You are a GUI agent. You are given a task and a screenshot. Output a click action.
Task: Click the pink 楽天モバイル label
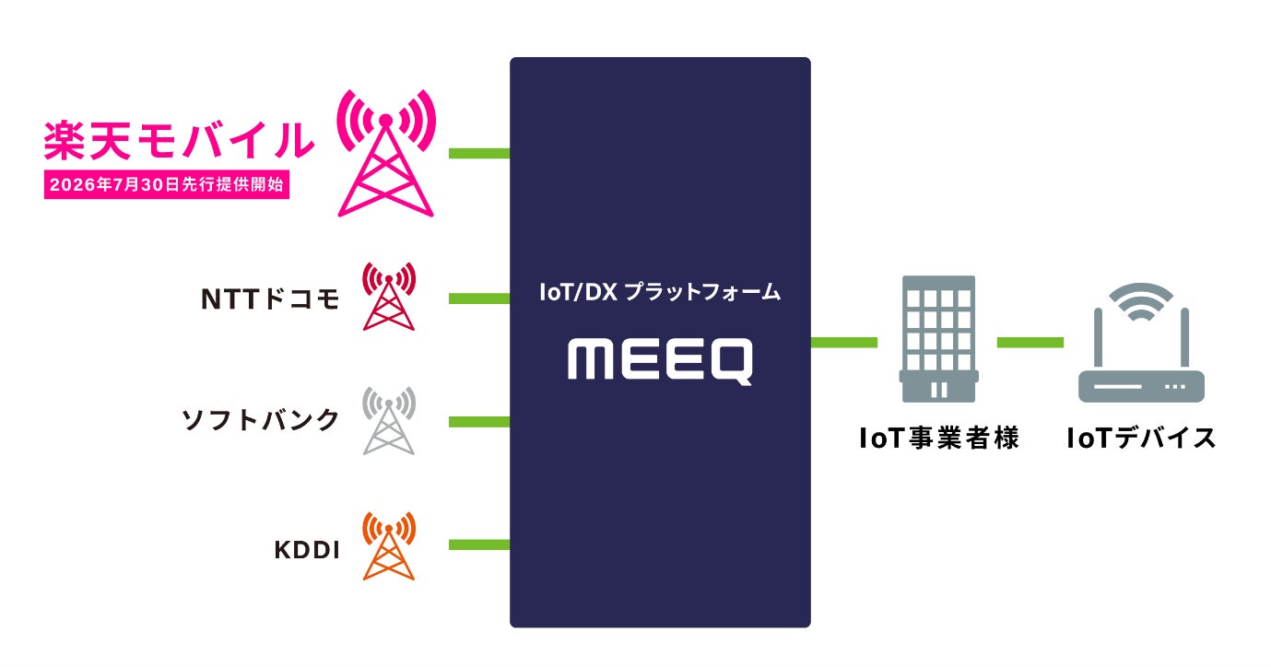tap(179, 140)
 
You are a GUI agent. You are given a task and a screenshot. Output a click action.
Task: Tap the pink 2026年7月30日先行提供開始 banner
tap(167, 184)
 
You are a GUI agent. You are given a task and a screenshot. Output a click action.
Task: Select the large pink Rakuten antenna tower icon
tap(386, 153)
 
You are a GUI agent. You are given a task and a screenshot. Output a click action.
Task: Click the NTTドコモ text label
tap(270, 298)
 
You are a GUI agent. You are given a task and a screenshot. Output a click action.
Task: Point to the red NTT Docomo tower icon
tap(389, 296)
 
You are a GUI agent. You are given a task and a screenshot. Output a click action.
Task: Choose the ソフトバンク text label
tap(261, 420)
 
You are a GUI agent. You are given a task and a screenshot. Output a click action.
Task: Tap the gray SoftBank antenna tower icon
tap(389, 421)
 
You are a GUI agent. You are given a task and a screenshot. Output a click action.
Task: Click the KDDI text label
tap(307, 550)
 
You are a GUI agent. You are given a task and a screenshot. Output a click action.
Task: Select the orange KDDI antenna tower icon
tap(389, 545)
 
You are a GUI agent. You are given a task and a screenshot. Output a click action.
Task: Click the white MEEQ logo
tap(660, 361)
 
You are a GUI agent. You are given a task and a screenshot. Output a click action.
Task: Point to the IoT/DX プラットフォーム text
tap(660, 292)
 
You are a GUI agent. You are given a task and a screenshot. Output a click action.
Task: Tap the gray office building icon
tap(938, 339)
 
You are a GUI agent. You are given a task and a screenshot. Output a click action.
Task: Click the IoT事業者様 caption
tap(939, 438)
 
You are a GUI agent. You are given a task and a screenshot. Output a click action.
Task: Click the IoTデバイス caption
tap(1141, 438)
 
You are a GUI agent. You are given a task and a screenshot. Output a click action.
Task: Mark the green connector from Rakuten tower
tap(479, 153)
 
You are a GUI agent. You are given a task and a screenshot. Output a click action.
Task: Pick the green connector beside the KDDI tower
tap(479, 545)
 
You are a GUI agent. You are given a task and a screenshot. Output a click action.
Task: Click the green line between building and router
tap(1030, 342)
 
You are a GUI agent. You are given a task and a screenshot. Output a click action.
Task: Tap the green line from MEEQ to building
tap(844, 342)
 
